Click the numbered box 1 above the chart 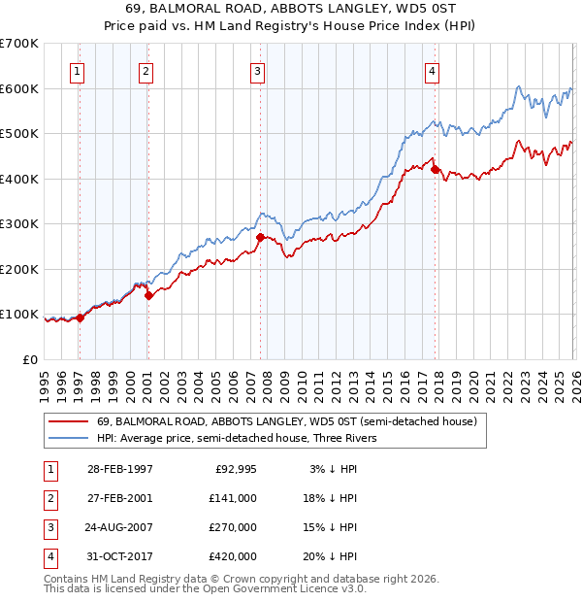(77, 70)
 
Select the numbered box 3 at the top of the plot (258, 70)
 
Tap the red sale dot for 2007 (260, 237)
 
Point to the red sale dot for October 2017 (435, 170)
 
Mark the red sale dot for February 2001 (148, 296)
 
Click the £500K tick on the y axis (19, 134)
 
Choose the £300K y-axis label (19, 224)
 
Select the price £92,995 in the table (235, 469)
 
